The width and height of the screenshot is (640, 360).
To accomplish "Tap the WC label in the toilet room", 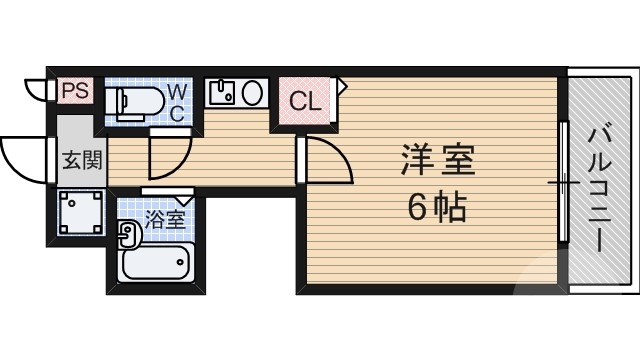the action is pos(175,101).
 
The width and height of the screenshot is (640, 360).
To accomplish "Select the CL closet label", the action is pos(306,101).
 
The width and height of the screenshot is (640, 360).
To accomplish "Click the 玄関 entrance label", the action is pos(82,162).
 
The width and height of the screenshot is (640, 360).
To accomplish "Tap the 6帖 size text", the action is pos(437,208).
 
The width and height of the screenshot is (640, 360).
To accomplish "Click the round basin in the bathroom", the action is pos(127,235).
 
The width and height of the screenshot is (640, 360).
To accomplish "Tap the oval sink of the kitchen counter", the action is pos(253,94).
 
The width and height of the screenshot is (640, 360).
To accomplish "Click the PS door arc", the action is pos(36,90).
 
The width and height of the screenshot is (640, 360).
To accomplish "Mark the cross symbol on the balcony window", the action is pos(563,184).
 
